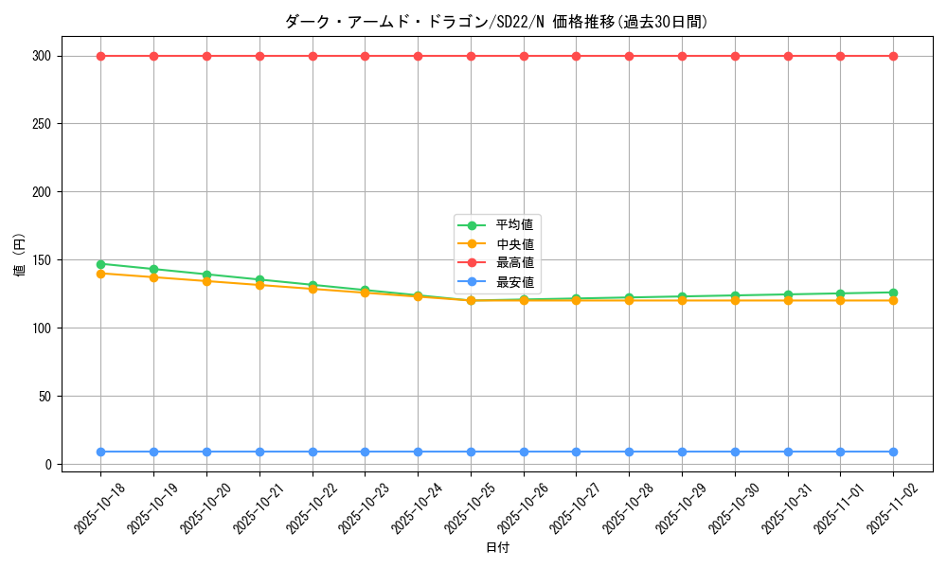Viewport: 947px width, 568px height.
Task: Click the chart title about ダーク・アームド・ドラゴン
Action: (x=496, y=22)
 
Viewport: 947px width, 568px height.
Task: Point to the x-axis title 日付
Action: (x=497, y=548)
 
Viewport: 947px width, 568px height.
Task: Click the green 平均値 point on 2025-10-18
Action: (x=100, y=264)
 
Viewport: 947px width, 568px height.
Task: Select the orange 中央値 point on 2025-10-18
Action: (x=100, y=274)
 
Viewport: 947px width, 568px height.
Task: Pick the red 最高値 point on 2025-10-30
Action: (x=735, y=56)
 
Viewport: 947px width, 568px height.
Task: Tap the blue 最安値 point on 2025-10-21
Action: (x=259, y=452)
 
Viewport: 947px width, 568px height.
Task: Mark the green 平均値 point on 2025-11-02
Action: (x=893, y=293)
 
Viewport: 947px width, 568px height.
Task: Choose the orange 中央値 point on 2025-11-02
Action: (x=893, y=301)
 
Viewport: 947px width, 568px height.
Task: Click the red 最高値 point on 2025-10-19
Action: (x=153, y=56)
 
